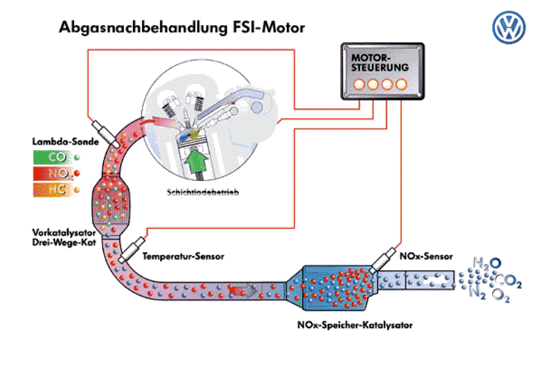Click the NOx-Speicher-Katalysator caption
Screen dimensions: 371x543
(354, 324)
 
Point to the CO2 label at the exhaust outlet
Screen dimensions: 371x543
(509, 279)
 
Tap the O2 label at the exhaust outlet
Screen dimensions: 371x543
(501, 295)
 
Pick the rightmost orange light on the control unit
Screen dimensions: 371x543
(402, 85)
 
